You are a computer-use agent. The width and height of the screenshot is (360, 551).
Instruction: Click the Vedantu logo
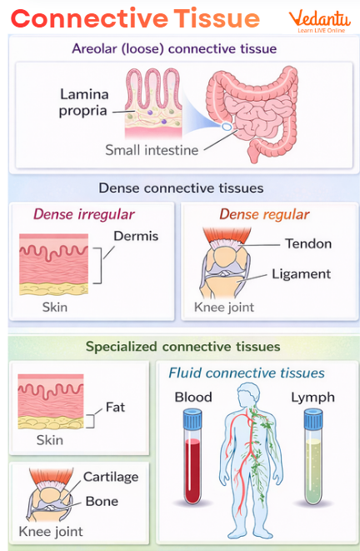pyautogui.click(x=319, y=22)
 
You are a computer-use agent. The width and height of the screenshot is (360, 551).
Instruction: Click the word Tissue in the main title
pyautogui.click(x=216, y=18)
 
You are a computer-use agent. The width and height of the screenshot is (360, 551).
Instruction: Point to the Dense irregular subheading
pyautogui.click(x=83, y=214)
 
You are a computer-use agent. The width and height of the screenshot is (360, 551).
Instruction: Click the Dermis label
pyautogui.click(x=135, y=236)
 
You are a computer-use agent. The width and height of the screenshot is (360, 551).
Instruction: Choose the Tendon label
pyautogui.click(x=307, y=243)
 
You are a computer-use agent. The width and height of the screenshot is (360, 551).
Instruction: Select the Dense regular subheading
pyautogui.click(x=264, y=214)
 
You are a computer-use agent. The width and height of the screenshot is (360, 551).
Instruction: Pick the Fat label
pyautogui.click(x=116, y=408)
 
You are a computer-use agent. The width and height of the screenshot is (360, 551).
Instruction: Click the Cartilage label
pyautogui.click(x=110, y=477)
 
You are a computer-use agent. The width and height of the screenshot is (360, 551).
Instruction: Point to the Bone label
pyautogui.click(x=102, y=501)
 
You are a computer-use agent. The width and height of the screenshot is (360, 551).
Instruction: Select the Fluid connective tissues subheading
pyautogui.click(x=247, y=373)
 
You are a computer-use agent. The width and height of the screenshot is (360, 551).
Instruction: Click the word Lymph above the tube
pyautogui.click(x=312, y=397)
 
